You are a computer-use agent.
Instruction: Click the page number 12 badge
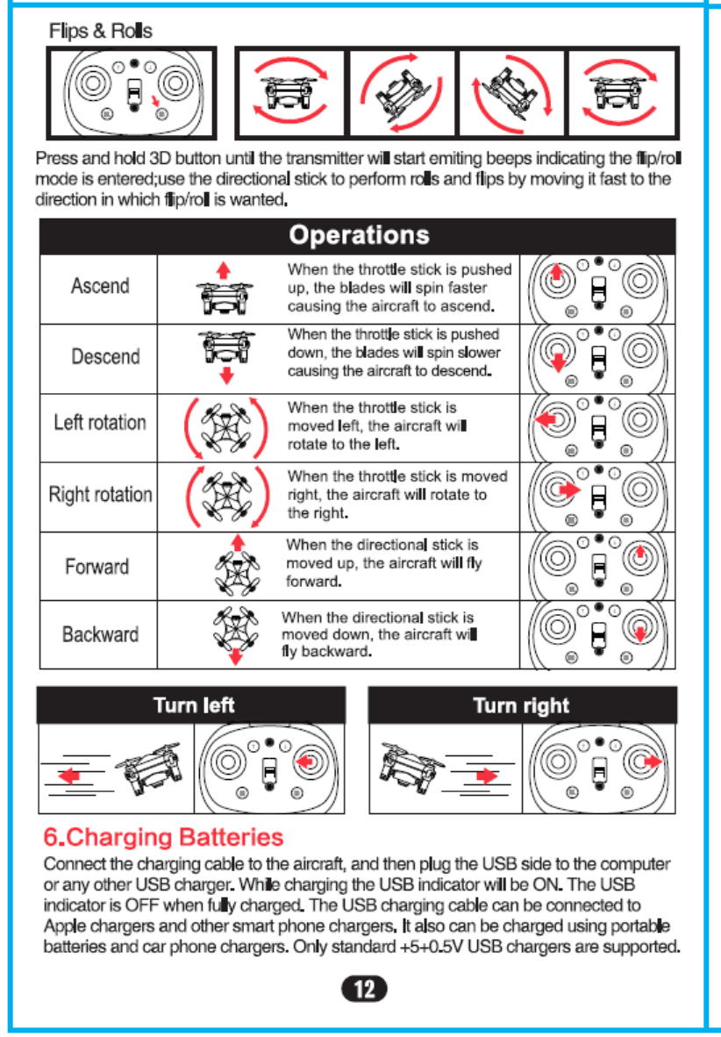tap(364, 989)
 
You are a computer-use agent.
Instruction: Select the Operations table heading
tap(359, 235)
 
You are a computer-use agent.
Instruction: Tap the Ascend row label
tap(100, 286)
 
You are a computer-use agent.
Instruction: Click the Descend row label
tap(105, 357)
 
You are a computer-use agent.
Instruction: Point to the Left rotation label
tap(100, 423)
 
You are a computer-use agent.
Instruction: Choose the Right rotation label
tap(100, 494)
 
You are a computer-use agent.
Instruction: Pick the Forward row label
tap(96, 566)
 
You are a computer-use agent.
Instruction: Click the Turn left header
tap(194, 705)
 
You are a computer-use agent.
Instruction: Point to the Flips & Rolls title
tap(101, 32)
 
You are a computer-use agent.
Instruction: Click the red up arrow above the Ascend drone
tap(224, 268)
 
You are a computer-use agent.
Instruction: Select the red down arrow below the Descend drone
tap(226, 376)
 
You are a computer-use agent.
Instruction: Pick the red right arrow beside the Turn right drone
tap(485, 776)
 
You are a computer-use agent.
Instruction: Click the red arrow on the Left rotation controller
tap(546, 419)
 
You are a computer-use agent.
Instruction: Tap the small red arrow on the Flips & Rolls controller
tap(156, 106)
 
